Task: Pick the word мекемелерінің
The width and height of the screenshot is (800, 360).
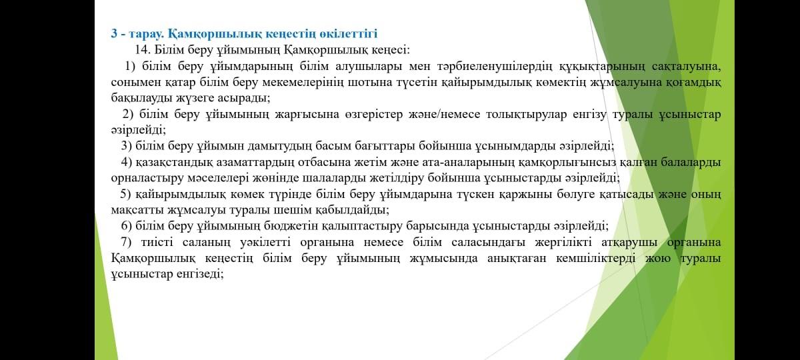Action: pos(303,83)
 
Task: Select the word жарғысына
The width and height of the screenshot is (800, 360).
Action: pos(307,115)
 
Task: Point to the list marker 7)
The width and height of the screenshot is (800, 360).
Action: pos(126,242)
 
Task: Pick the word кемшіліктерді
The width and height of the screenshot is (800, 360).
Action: pos(596,258)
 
